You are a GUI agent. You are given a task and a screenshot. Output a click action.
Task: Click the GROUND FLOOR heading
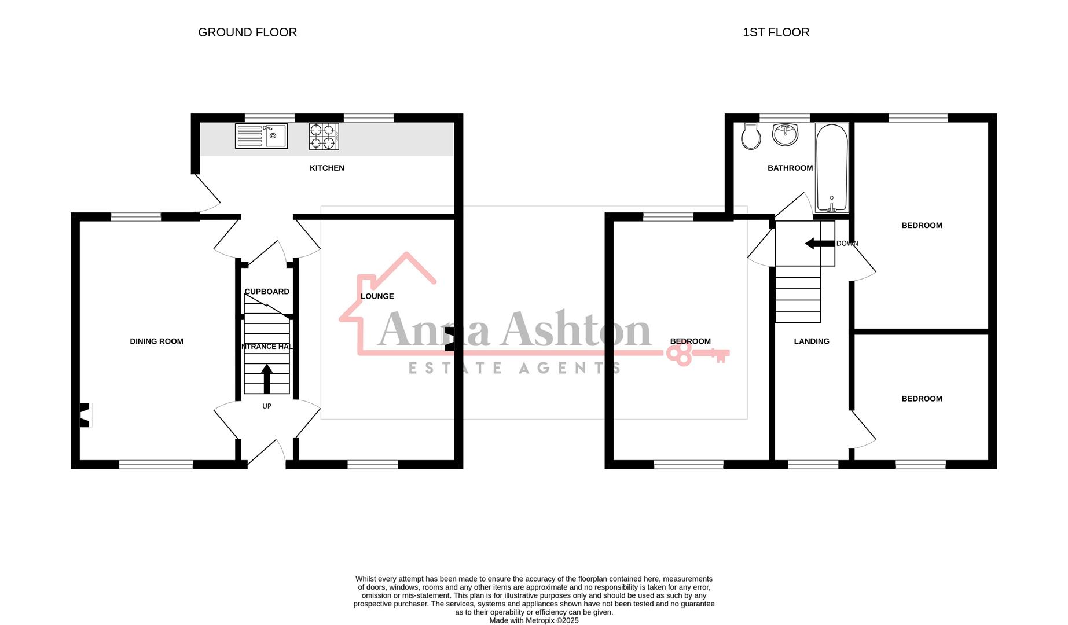[x=247, y=32]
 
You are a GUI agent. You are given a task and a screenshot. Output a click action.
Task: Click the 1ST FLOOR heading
[x=776, y=32]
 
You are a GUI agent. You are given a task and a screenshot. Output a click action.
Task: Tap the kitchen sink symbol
[x=261, y=136]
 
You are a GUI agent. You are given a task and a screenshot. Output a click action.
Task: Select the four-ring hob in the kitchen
[x=324, y=137]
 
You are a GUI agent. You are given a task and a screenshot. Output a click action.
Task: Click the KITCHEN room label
[x=326, y=168]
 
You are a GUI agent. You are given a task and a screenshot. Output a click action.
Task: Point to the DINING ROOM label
[x=156, y=341]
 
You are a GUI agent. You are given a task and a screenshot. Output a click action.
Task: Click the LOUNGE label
[x=377, y=296]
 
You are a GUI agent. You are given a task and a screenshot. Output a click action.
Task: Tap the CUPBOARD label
[x=266, y=292]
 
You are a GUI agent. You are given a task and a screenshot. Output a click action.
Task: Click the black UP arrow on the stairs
[x=267, y=378]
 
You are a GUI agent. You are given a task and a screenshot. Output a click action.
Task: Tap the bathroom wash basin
[x=785, y=134]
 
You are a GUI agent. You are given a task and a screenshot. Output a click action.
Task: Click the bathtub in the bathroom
[x=832, y=168]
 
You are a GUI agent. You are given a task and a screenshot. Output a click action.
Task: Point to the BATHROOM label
[x=790, y=168]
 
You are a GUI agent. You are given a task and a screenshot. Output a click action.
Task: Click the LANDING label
[x=811, y=341]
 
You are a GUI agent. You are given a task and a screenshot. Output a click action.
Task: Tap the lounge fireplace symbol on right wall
[x=449, y=340]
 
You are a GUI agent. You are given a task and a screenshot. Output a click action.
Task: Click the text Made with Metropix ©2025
[x=534, y=620]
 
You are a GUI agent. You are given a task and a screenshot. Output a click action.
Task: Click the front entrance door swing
[x=267, y=452]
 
